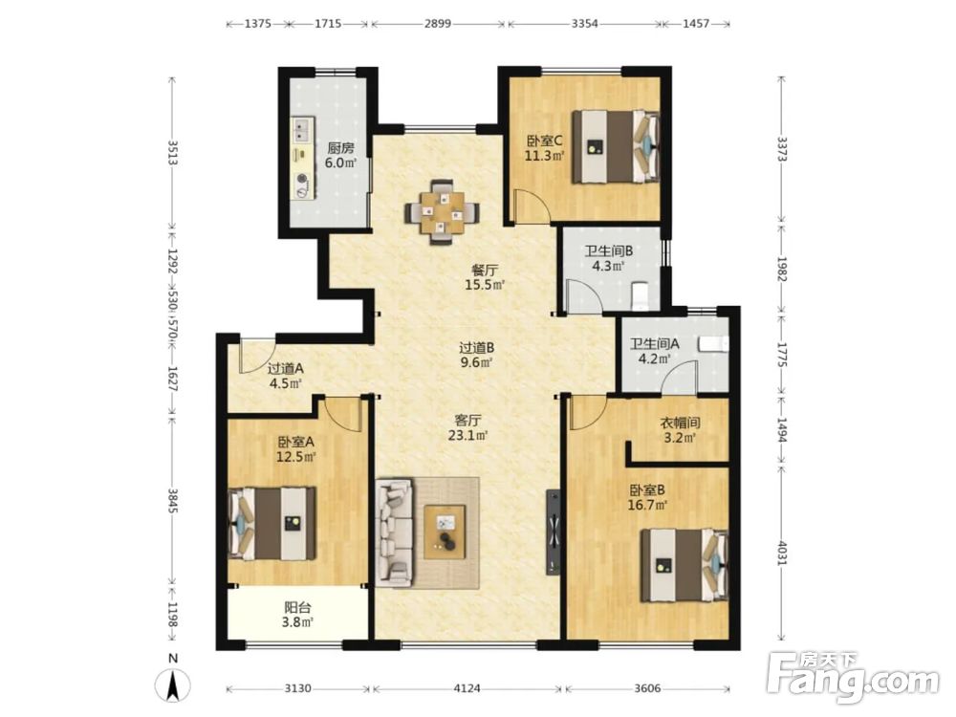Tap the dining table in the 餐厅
tap(442, 212)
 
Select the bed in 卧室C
tap(615, 146)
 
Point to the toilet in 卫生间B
tap(639, 293)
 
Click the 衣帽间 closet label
tap(680, 423)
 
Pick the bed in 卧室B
tap(684, 565)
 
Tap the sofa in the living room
tap(395, 532)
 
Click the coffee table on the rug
tap(445, 531)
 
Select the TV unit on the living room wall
tap(553, 532)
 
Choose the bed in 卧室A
tap(272, 523)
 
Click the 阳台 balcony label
tap(297, 607)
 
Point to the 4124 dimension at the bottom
tap(467, 688)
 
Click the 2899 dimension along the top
tap(438, 24)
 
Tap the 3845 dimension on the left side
tap(172, 501)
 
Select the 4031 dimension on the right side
tap(782, 551)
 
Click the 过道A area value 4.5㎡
tap(285, 383)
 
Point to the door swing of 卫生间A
tap(678, 375)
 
